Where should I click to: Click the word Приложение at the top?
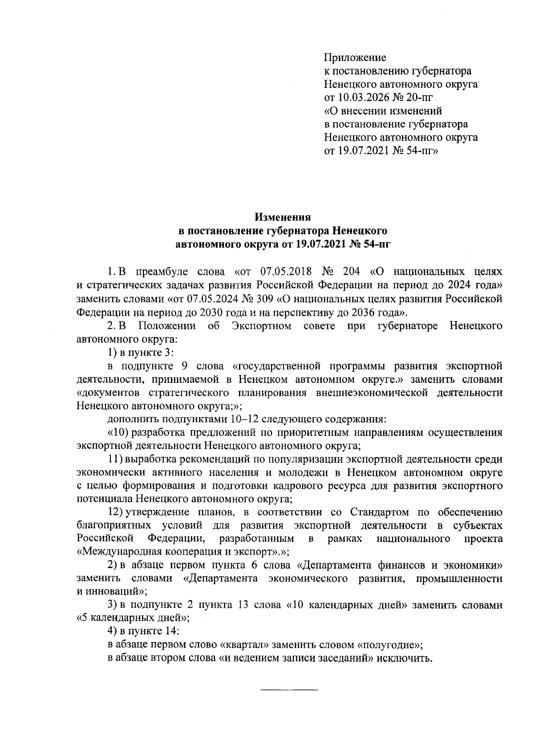coord(355,57)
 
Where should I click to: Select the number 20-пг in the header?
coord(417,98)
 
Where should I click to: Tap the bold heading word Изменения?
coord(282,218)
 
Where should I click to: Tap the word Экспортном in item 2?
coord(262,326)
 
